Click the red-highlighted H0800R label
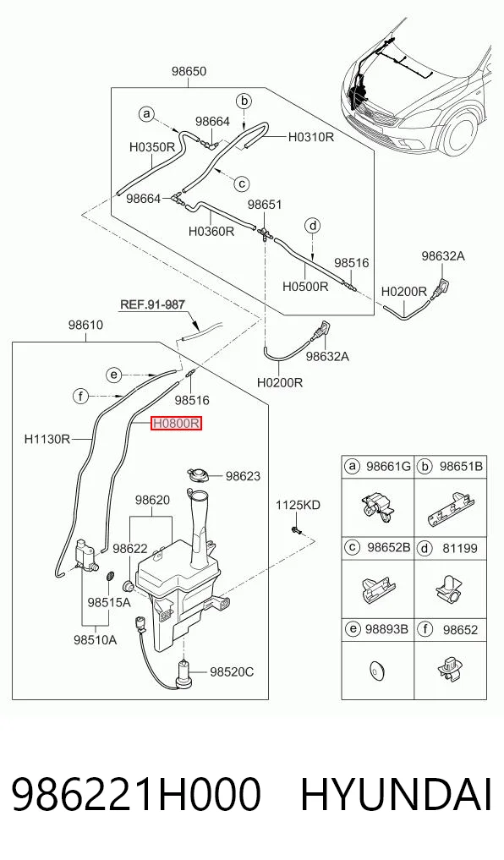(x=177, y=423)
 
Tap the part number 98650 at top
(x=189, y=71)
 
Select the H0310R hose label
(x=311, y=137)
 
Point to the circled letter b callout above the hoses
(x=244, y=101)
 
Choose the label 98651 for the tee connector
(x=265, y=205)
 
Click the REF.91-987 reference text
(x=152, y=304)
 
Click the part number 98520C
(x=232, y=671)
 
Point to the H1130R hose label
(x=47, y=439)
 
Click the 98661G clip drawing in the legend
(x=378, y=507)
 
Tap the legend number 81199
(x=460, y=548)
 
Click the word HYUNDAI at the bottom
(x=396, y=795)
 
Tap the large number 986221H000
(x=135, y=795)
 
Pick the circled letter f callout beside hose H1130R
(x=81, y=396)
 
